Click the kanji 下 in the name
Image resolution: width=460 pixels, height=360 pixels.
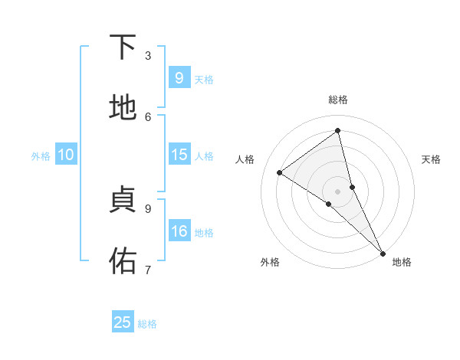pos(123,47)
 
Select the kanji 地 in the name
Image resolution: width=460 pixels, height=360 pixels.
pos(123,109)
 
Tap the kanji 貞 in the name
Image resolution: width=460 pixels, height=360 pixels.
pos(123,200)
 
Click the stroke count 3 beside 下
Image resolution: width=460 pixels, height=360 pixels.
pos(148,55)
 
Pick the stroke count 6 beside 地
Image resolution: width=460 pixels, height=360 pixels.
pos(148,116)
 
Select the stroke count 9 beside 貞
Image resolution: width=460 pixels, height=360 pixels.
pos(148,208)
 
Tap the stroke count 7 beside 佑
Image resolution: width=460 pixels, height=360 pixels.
pos(148,269)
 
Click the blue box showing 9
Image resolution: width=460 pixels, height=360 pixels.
pos(179,78)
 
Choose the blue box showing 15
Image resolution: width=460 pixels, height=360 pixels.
pos(179,155)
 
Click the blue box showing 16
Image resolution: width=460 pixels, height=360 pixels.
pos(179,231)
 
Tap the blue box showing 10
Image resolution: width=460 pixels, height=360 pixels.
pos(66,155)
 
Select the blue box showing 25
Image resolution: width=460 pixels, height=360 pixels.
pos(123,322)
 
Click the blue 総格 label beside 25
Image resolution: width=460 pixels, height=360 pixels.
pos(148,324)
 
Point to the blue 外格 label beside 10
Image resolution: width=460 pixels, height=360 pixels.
pos(41,156)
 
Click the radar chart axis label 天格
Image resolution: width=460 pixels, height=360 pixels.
pos(431,159)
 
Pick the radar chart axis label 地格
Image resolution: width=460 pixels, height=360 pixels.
pos(402,263)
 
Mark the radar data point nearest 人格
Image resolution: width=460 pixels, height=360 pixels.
pos(280,173)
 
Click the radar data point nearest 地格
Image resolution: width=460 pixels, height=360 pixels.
pos(383,253)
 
